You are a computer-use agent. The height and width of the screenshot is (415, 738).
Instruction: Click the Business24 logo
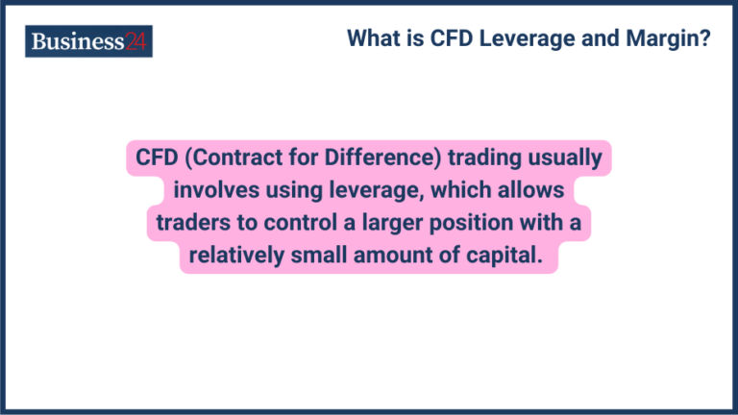pos(88,41)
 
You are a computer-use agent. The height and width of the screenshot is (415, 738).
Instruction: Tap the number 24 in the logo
pos(136,41)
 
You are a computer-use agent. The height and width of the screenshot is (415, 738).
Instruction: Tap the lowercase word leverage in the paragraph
pos(365,190)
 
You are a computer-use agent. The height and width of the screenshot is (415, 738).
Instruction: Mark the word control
pos(289,223)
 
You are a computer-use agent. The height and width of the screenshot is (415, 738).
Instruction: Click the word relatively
pos(237,256)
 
